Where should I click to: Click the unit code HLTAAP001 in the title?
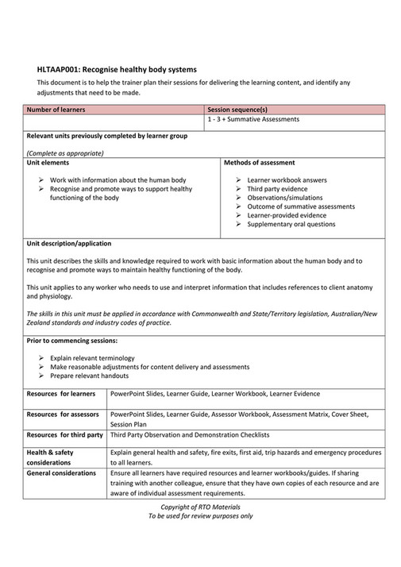(58, 70)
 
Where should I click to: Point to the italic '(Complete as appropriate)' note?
(61, 152)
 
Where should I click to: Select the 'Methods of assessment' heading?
(259, 162)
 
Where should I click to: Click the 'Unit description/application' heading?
(69, 243)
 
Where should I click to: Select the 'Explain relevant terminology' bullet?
(89, 358)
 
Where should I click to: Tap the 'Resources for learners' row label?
(61, 394)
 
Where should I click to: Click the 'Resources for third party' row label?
(64, 435)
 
